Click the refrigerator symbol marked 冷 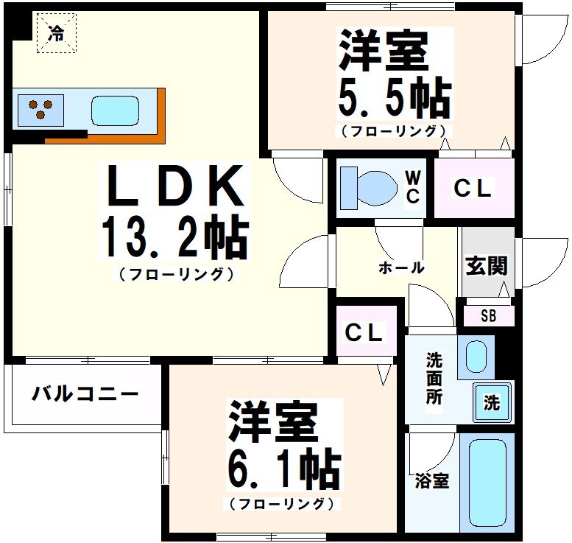[x=56, y=32]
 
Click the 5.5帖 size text [x=394, y=96]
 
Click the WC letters [x=413, y=188]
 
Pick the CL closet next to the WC [x=473, y=189]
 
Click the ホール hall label [x=401, y=267]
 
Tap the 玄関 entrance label [x=487, y=266]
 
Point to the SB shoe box [x=488, y=317]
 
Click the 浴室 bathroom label [x=432, y=482]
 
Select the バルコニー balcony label [x=85, y=394]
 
